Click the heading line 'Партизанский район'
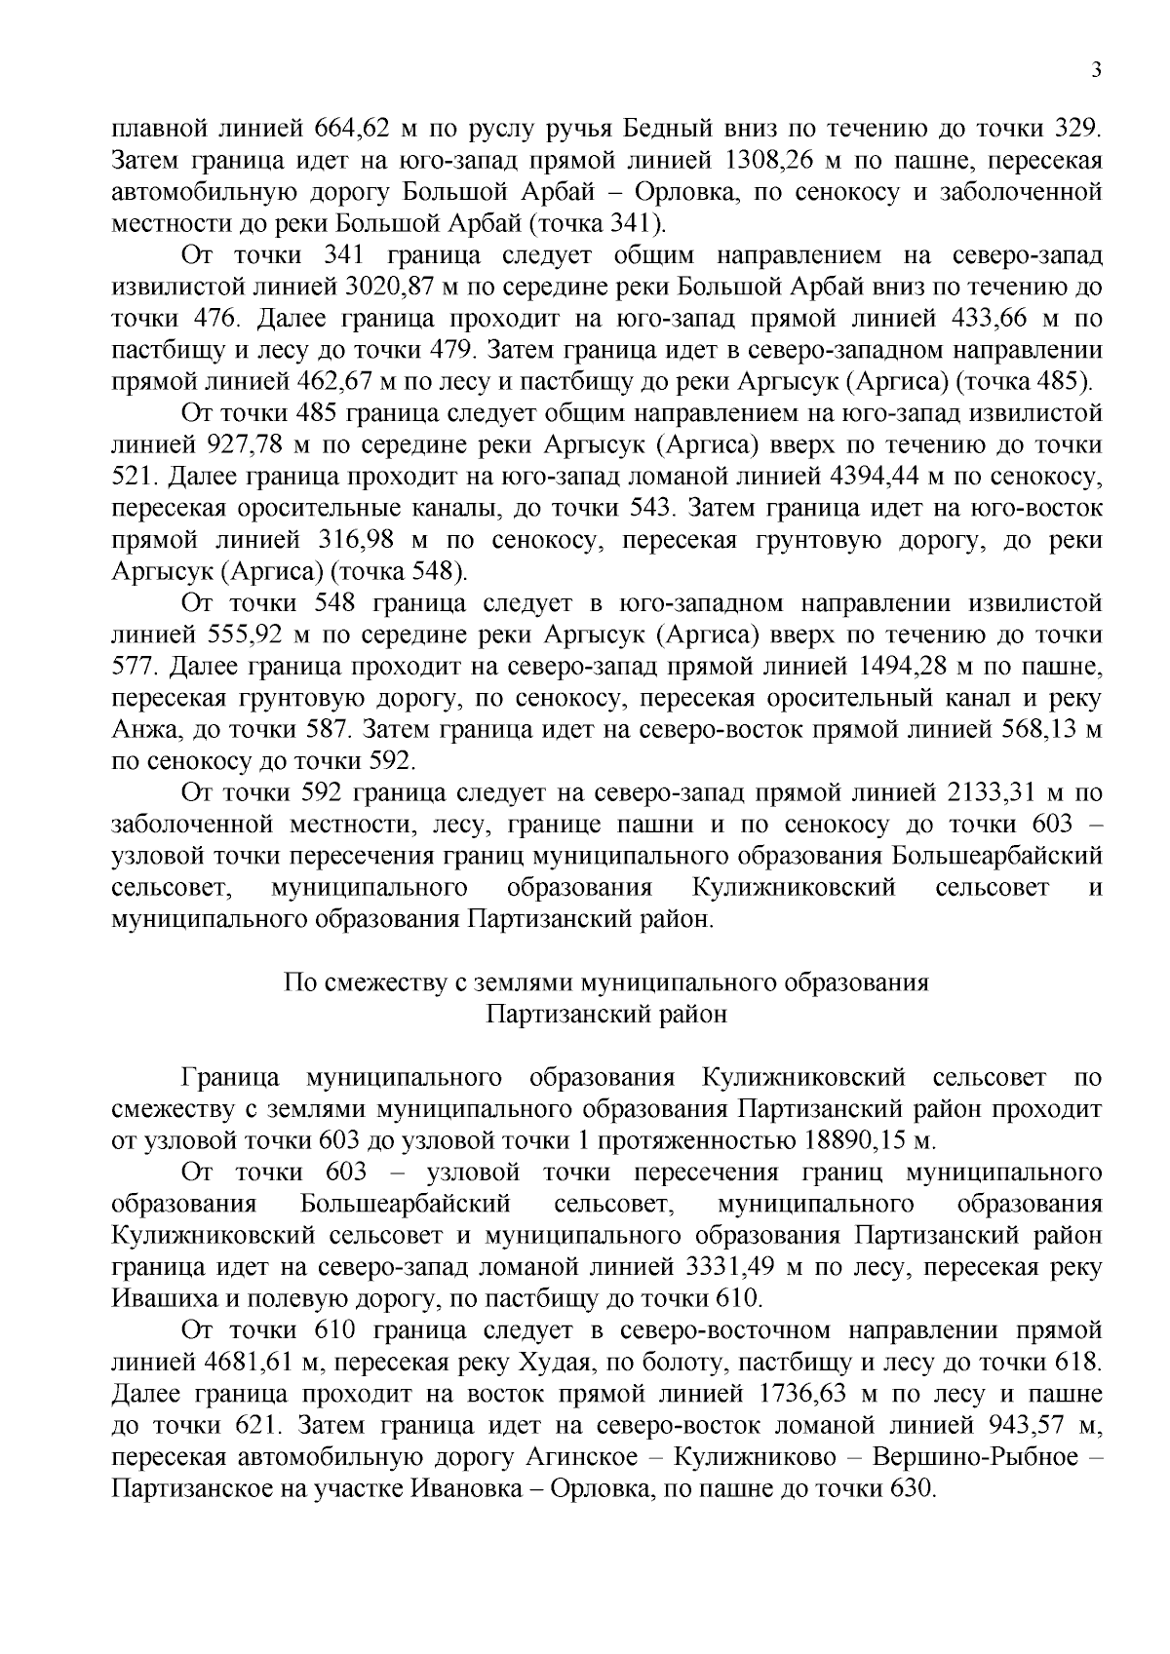[x=606, y=1015]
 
